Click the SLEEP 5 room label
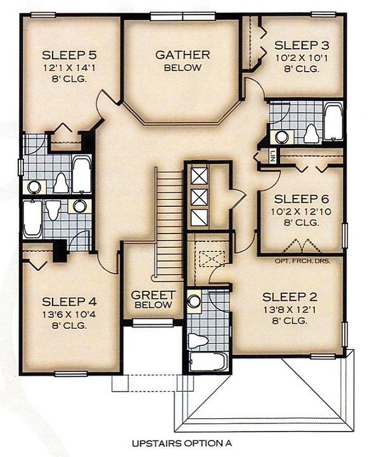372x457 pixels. click(69, 55)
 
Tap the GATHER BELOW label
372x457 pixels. click(183, 61)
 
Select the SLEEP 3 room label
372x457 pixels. click(302, 46)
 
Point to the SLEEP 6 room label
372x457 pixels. click(301, 199)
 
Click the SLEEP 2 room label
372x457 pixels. click(290, 297)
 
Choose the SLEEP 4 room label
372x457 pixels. click(69, 301)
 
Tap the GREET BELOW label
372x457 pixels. click(153, 300)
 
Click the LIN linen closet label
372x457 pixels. click(273, 156)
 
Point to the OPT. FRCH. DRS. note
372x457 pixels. click(302, 261)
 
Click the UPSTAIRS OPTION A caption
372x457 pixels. click(182, 444)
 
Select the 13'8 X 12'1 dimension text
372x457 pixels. click(290, 310)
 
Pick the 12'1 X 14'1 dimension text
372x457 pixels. click(69, 68)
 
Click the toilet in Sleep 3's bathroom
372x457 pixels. click(311, 134)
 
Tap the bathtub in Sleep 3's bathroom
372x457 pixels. click(333, 121)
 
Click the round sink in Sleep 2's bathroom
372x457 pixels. click(194, 301)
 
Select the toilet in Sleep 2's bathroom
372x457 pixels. click(198, 340)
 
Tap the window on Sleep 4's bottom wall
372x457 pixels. click(71, 374)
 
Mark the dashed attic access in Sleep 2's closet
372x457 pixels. click(212, 258)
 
